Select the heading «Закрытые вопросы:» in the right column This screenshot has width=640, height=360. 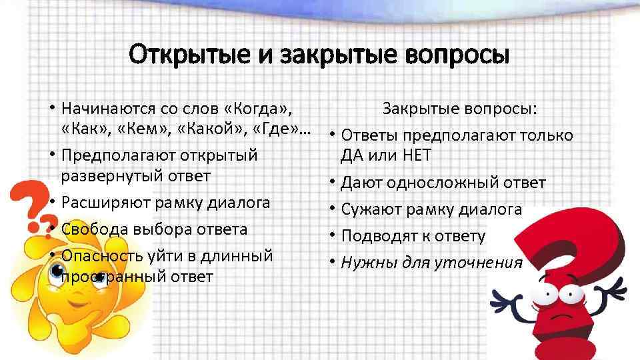(461, 109)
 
